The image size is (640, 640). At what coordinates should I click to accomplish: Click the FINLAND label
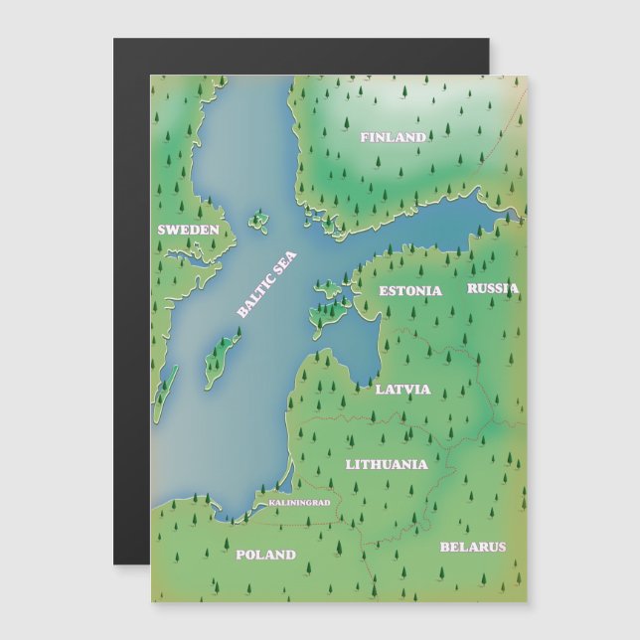393,137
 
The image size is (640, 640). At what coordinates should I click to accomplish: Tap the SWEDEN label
188,230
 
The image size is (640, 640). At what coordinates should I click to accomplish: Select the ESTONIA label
410,291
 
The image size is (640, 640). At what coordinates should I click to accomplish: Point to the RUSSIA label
493,288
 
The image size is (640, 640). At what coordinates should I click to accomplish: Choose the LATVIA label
403,389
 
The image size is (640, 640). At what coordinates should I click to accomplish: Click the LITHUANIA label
387,464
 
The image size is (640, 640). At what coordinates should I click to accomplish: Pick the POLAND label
265,555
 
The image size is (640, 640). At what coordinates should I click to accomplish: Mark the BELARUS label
473,547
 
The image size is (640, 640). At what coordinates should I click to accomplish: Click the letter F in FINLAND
365,137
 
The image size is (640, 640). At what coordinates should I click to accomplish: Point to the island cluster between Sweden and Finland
260,221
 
